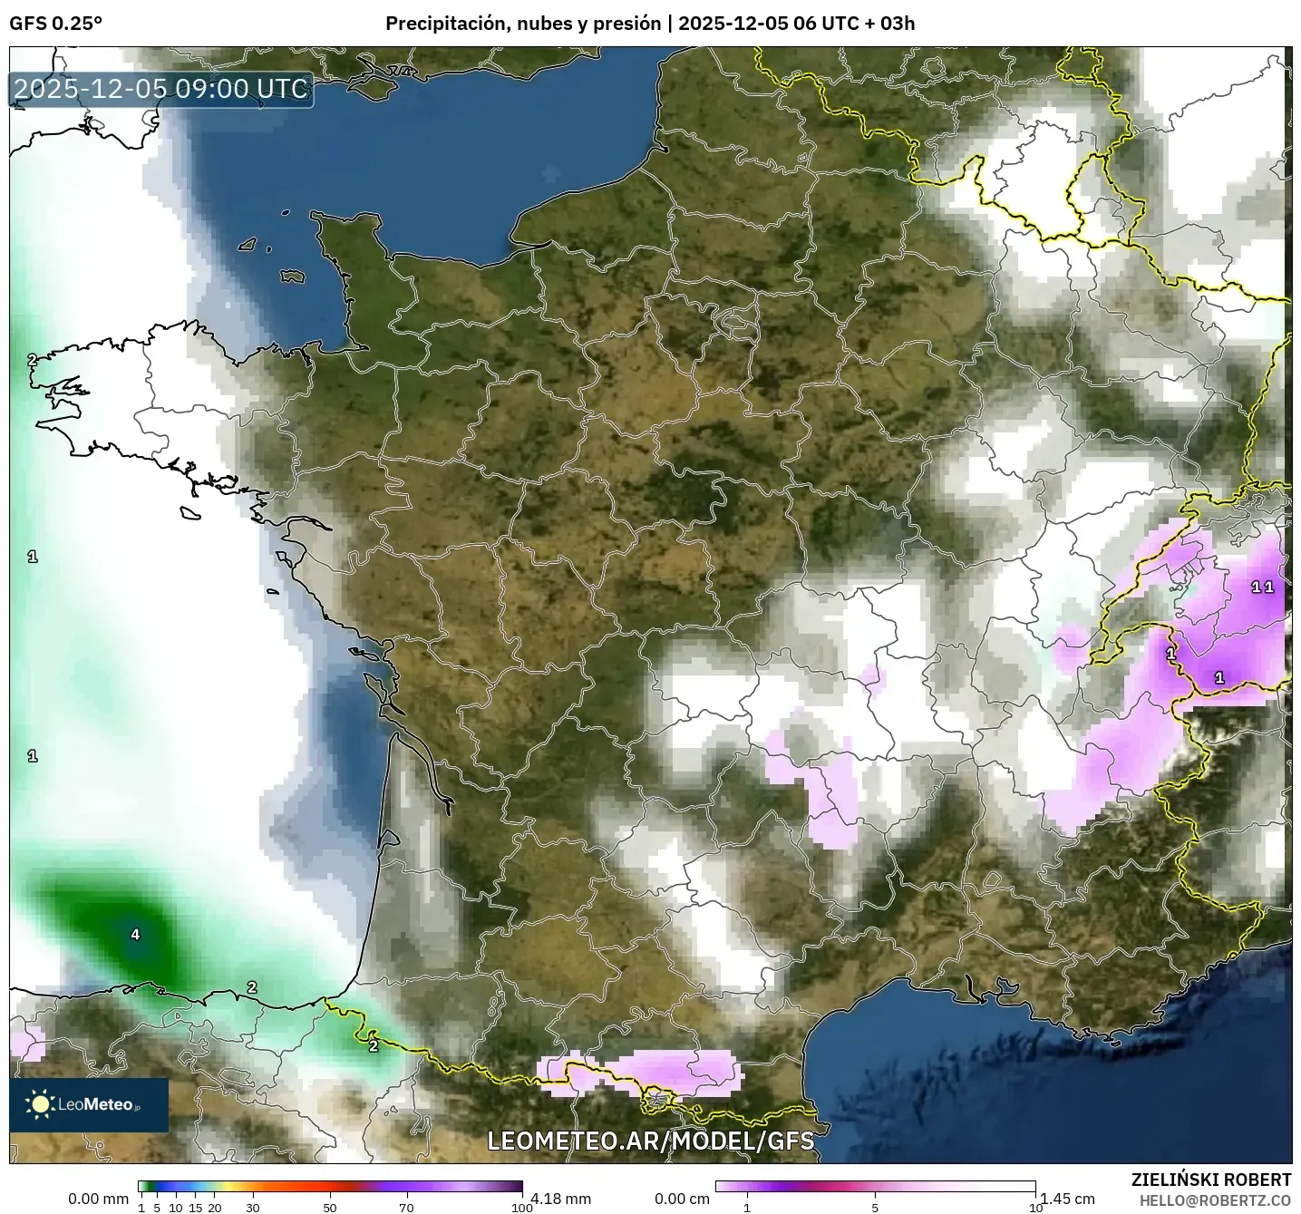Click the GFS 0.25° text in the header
tap(55, 24)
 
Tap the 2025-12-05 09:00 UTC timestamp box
tap(161, 89)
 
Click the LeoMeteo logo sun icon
tap(41, 1103)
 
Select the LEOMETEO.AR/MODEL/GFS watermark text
tap(650, 1140)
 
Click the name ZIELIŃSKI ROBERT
tap(1211, 1180)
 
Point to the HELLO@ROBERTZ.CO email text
tap(1215, 1200)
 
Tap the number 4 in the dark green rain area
tap(135, 934)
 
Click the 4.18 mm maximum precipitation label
tap(560, 1199)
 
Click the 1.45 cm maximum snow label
tap(1067, 1199)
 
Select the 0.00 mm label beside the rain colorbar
tap(98, 1199)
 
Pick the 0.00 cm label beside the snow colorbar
tap(682, 1199)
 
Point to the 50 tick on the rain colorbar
tap(330, 1207)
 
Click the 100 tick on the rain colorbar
tap(521, 1207)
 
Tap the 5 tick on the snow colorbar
tap(875, 1207)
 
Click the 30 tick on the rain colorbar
tap(253, 1207)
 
